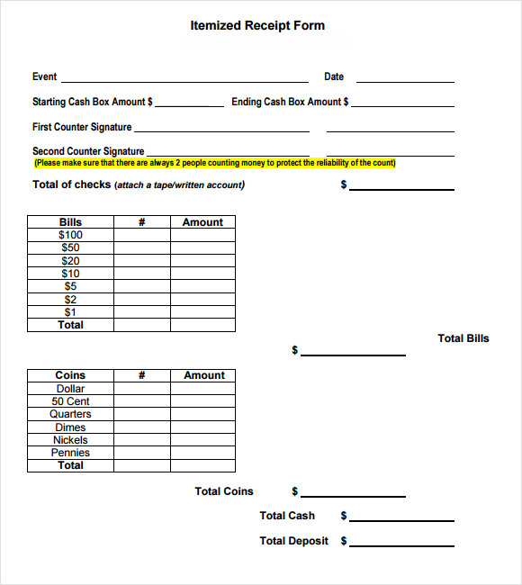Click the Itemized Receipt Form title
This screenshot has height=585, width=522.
[257, 25]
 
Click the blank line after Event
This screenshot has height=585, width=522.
[184, 80]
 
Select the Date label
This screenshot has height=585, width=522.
[334, 77]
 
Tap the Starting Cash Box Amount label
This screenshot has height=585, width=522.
[92, 103]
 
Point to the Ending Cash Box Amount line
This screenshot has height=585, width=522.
[402, 105]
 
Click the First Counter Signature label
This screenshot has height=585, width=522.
[82, 128]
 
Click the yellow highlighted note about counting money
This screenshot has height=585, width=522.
[214, 164]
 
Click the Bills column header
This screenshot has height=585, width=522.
[70, 222]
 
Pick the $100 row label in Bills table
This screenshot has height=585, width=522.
[70, 235]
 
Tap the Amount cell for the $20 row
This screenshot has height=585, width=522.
[202, 261]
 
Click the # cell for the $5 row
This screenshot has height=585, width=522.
[141, 287]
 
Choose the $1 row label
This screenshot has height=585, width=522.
[70, 312]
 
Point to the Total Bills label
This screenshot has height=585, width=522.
[463, 338]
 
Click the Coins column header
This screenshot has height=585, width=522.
[70, 375]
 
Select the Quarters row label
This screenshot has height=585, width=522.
[70, 414]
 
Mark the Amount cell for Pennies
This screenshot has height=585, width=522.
[202, 453]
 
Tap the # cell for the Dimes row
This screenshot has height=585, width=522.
[141, 427]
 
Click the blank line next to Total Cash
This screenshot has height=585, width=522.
[402, 519]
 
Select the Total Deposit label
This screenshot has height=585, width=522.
[294, 541]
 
